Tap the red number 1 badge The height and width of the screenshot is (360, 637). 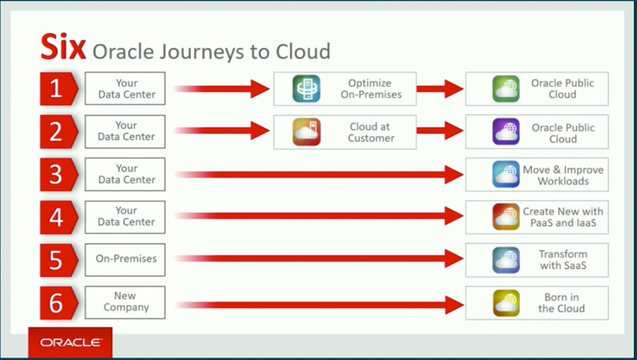(55, 88)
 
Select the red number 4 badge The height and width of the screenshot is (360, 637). (55, 217)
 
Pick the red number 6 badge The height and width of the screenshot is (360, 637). (55, 302)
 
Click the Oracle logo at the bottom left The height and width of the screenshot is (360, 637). (70, 342)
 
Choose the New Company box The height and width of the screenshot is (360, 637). (125, 302)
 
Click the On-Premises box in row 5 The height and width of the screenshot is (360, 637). (125, 259)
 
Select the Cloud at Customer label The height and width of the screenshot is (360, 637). (370, 132)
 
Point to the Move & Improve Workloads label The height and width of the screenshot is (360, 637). (563, 175)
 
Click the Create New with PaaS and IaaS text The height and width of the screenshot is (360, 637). (563, 217)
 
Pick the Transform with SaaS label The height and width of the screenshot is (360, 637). (562, 260)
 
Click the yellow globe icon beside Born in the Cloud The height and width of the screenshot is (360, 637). (505, 303)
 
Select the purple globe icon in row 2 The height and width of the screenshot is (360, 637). (505, 132)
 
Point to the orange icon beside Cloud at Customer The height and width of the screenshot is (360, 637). (305, 132)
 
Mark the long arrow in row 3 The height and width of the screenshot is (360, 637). (318, 174)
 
